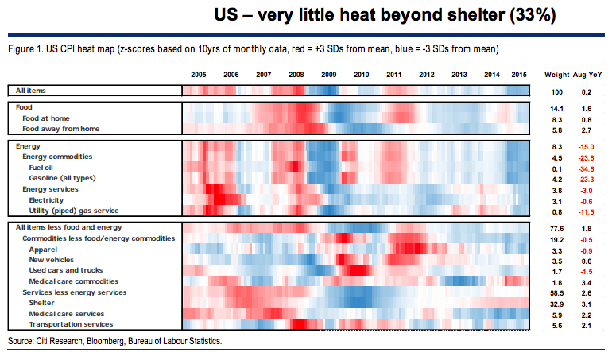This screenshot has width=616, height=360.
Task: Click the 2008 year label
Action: [296, 74]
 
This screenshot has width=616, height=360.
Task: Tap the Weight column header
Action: [556, 74]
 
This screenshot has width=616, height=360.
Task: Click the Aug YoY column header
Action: [589, 74]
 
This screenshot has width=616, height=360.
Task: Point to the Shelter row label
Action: [42, 303]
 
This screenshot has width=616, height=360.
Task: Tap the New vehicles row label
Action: [52, 260]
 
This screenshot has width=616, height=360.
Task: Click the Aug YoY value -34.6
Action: [589, 168]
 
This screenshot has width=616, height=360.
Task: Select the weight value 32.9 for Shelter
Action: [556, 303]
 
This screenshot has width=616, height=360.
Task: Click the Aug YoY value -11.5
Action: [589, 211]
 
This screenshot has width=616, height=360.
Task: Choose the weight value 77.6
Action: [556, 228]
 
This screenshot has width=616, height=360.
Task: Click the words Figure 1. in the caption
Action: [24, 49]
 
